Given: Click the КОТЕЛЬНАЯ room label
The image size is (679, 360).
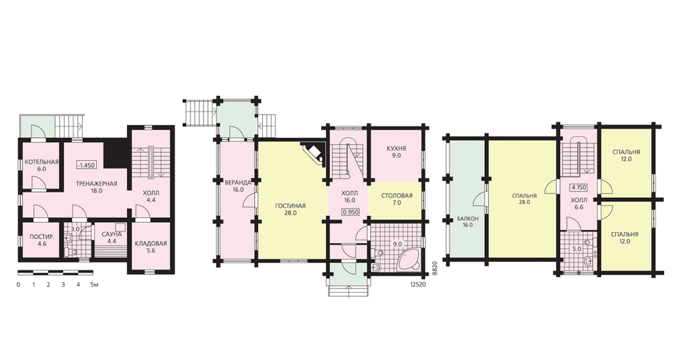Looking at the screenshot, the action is tap(41, 162).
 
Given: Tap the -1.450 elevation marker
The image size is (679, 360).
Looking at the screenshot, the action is tap(87, 165).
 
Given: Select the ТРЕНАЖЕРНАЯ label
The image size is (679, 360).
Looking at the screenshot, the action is tap(96, 183).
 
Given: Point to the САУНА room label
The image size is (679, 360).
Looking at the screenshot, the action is tap(112, 234).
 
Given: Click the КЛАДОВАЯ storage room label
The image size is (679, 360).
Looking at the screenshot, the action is tap(150, 243).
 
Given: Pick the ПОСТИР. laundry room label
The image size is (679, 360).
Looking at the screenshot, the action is tap(42, 237).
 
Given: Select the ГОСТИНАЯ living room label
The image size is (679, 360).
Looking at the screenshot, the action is tap(290, 206).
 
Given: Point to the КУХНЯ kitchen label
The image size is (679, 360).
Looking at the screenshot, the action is tap(397, 149).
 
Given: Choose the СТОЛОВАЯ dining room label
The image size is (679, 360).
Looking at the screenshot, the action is tap(397, 196).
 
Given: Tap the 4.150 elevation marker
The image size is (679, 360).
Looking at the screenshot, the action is tap(579, 188).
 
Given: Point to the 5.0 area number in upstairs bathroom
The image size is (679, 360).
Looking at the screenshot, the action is tap(576, 249).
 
